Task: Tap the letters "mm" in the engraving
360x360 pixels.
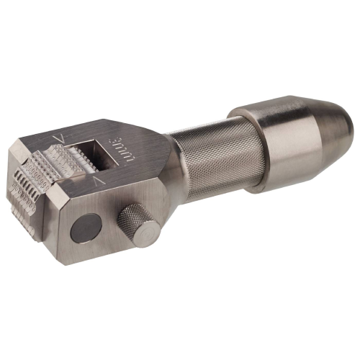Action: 128,155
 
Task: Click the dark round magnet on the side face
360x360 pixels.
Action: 86,228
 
